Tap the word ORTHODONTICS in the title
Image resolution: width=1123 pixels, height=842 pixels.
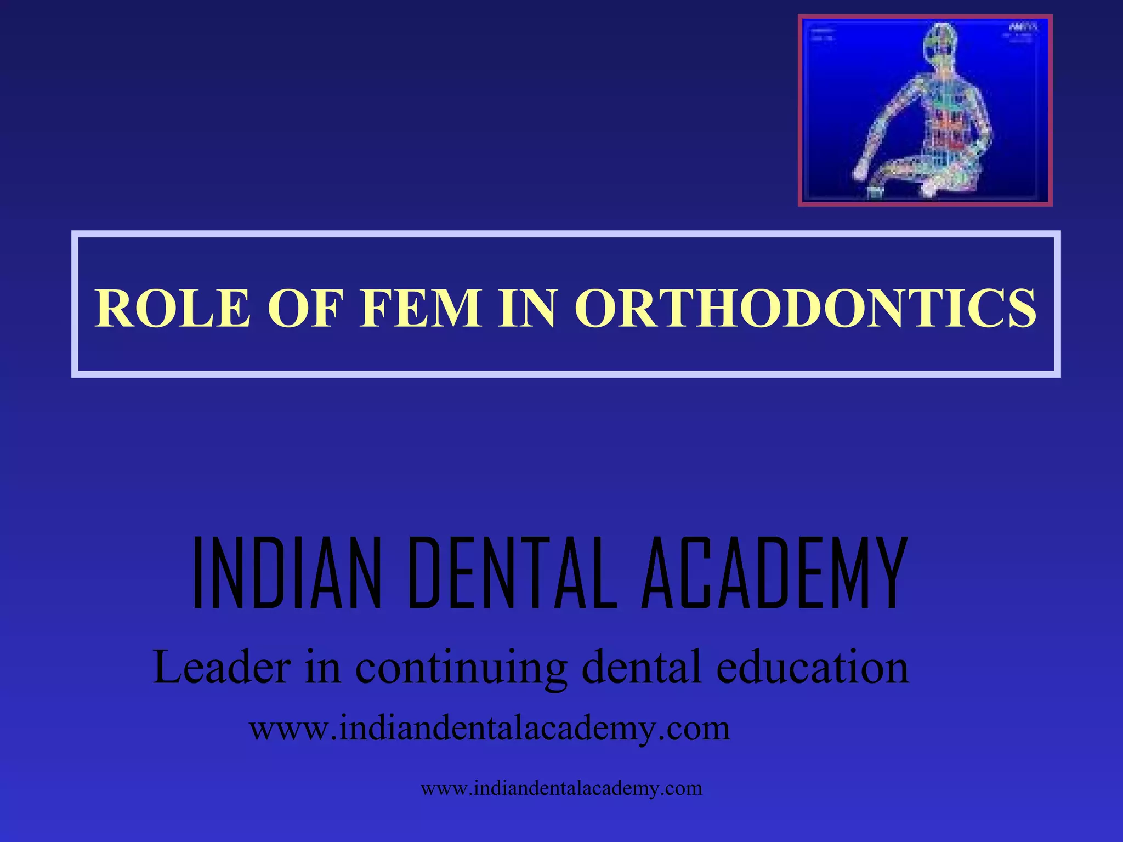click(806, 308)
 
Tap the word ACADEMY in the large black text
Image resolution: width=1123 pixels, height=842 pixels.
click(774, 573)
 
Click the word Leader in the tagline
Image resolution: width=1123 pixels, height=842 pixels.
click(222, 668)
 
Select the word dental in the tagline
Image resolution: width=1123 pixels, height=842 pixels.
click(642, 668)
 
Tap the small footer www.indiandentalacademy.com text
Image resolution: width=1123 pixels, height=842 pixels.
click(561, 788)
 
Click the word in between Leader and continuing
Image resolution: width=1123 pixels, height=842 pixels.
click(323, 668)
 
